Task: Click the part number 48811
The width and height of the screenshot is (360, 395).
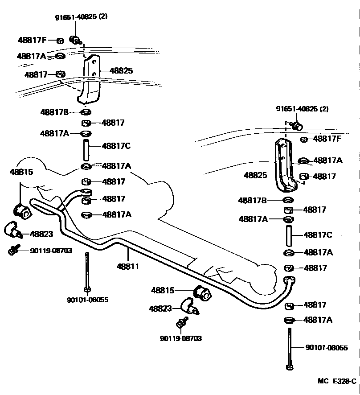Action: coord(128,267)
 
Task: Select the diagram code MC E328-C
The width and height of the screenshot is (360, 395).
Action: coord(337,381)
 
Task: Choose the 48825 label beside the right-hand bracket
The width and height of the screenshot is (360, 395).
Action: coord(255,176)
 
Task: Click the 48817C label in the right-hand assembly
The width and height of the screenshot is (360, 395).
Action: coord(318,235)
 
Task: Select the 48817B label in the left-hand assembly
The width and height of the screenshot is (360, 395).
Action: coord(54,112)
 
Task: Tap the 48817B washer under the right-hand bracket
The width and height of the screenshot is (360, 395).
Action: coord(288,200)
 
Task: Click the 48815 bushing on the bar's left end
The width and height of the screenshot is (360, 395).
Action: coord(22,211)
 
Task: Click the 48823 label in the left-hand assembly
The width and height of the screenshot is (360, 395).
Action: coord(41,234)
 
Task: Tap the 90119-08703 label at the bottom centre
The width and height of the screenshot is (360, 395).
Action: coord(180,338)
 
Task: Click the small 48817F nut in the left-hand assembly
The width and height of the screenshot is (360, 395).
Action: coord(60,41)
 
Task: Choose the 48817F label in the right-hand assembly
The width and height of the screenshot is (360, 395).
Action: coord(327,139)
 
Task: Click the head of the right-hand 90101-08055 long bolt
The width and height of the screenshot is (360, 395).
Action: coord(290,367)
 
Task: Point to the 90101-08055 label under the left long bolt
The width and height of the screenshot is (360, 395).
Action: coord(87,300)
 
